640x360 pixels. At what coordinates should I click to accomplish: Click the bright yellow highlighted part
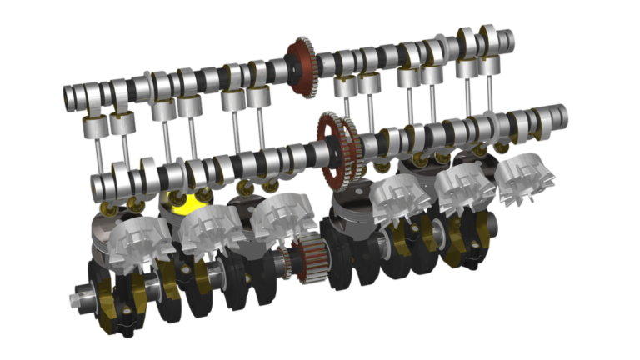(191, 201)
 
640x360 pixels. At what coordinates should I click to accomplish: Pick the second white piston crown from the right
(462, 188)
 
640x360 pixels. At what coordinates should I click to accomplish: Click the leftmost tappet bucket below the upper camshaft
(93, 126)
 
